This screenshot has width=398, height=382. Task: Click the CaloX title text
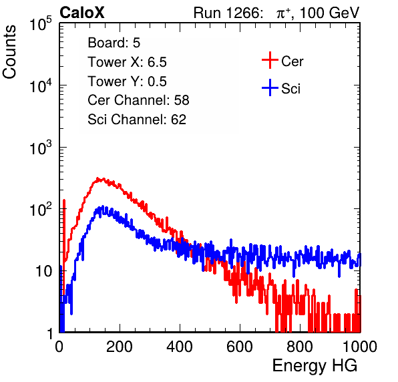click(x=82, y=13)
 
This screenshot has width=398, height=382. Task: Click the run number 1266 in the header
click(x=243, y=13)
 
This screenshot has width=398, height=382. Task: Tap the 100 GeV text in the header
click(x=329, y=13)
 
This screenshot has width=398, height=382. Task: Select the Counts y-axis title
click(x=9, y=52)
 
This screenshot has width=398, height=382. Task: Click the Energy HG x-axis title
click(x=315, y=366)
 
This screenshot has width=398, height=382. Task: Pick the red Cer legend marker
click(x=270, y=60)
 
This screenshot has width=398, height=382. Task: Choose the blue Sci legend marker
click(x=270, y=87)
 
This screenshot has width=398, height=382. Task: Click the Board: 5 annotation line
click(x=114, y=43)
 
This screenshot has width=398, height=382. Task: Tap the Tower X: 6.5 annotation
click(x=127, y=62)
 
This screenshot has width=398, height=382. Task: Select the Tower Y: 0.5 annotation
click(x=127, y=81)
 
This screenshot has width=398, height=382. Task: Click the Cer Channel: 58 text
click(x=138, y=100)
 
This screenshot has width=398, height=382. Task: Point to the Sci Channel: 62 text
click(x=137, y=120)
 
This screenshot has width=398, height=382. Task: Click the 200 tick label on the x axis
click(x=120, y=347)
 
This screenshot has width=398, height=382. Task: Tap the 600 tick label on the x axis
click(x=240, y=347)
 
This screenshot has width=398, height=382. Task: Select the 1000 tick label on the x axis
click(x=360, y=347)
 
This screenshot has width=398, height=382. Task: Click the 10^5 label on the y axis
click(x=41, y=23)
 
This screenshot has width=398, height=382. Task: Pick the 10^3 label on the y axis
click(x=41, y=148)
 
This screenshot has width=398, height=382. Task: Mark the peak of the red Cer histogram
click(x=97, y=179)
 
